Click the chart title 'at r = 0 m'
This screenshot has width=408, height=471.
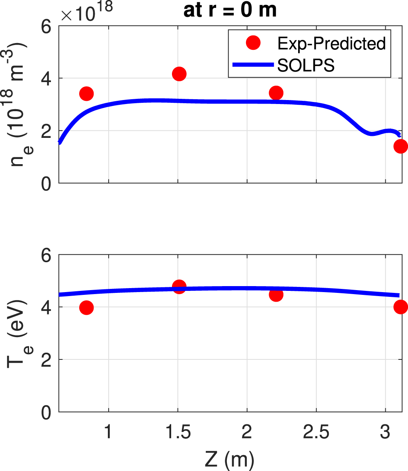click(230, 11)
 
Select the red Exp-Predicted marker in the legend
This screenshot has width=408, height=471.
click(253, 43)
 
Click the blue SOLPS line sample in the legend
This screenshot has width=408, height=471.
click(253, 65)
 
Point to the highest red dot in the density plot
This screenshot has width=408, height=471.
click(179, 74)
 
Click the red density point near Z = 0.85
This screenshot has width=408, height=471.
click(86, 94)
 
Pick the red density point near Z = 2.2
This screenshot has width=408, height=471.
click(276, 93)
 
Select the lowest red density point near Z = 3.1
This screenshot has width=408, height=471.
click(400, 146)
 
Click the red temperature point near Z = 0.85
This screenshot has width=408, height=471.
click(86, 308)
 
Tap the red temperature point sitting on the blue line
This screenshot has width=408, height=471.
click(179, 287)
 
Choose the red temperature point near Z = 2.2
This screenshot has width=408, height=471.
click(276, 294)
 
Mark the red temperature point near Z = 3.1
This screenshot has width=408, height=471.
click(400, 307)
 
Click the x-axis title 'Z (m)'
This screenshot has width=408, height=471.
click(229, 460)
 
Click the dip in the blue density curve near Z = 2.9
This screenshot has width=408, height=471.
click(371, 133)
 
